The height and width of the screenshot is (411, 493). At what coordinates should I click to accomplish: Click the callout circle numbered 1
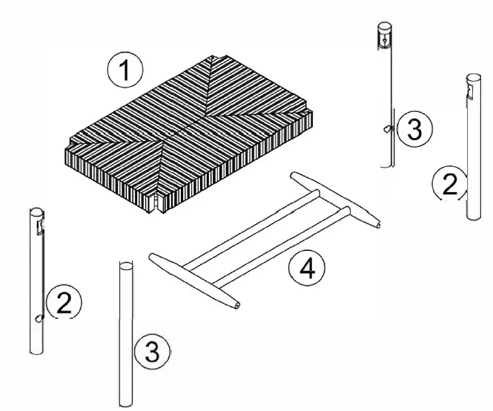tap(124, 72)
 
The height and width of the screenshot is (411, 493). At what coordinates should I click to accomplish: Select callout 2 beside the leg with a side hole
tap(64, 303)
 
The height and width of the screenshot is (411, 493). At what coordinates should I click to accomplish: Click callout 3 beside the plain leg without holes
tap(151, 352)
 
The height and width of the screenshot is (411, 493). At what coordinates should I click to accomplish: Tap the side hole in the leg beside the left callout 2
tap(38, 319)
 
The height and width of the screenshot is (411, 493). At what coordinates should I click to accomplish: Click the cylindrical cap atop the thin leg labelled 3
tap(384, 34)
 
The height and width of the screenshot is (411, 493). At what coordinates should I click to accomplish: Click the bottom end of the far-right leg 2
tap(473, 216)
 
